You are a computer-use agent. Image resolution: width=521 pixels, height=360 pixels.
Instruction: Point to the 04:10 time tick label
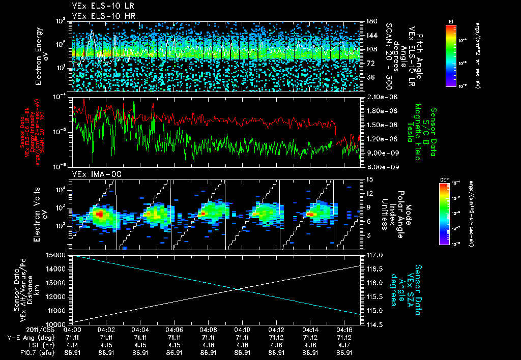[242, 330]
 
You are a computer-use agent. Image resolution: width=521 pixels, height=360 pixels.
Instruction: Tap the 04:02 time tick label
[106, 330]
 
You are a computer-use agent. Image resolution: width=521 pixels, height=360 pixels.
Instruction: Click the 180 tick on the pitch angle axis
[368, 21]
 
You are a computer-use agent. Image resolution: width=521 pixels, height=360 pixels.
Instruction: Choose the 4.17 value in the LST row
[345, 345]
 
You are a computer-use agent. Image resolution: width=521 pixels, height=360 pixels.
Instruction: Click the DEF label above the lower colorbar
[444, 179]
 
